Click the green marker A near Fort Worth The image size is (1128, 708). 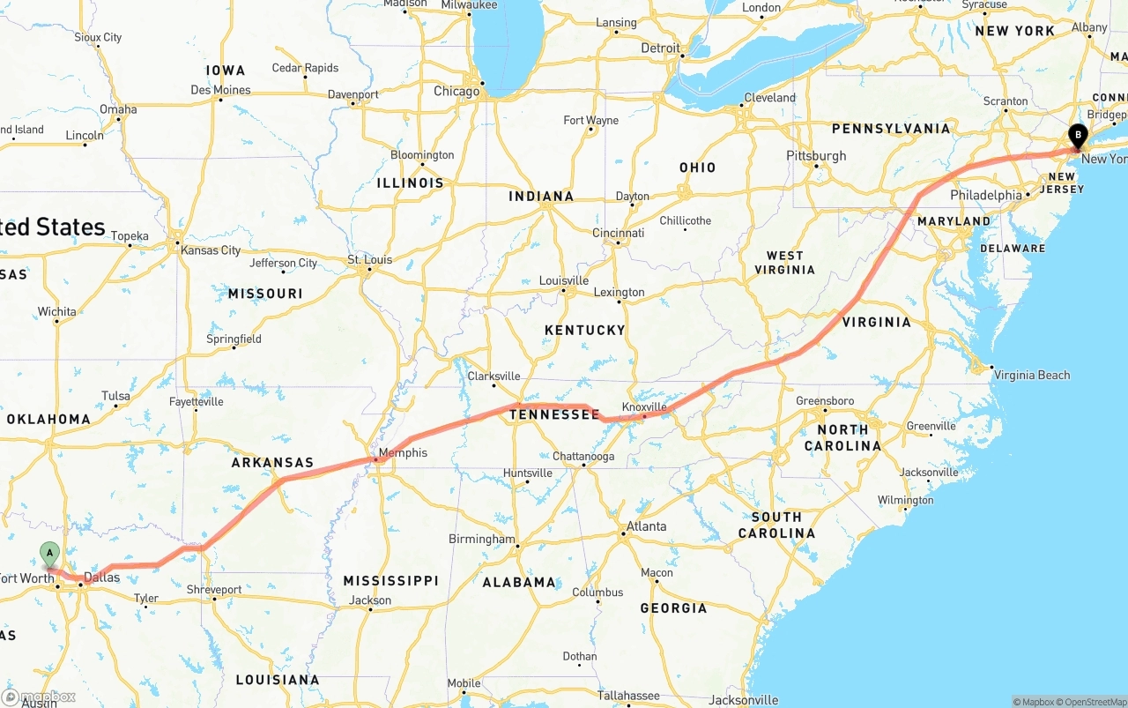[x=50, y=555]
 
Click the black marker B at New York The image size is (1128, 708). [x=1077, y=136]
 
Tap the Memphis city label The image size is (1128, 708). [x=403, y=453]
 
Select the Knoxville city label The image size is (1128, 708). [x=644, y=406]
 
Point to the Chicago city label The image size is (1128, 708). [x=456, y=91]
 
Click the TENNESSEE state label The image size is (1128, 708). [x=554, y=414]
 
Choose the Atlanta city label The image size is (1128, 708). [x=646, y=526]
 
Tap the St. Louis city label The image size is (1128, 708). [x=369, y=259]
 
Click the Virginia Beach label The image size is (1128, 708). [x=1032, y=375]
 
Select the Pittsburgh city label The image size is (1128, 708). [x=817, y=156]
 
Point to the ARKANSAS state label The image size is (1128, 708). [x=272, y=463]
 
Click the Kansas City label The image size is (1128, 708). [x=211, y=250]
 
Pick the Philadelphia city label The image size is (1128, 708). [x=986, y=195]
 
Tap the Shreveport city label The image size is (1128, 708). [x=214, y=589]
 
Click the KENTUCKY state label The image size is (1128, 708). [x=584, y=330]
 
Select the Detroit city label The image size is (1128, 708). [x=660, y=48]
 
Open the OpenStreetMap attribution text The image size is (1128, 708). [x=1093, y=702]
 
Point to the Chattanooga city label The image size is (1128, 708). [x=583, y=456]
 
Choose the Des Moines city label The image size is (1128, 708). [x=220, y=90]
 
